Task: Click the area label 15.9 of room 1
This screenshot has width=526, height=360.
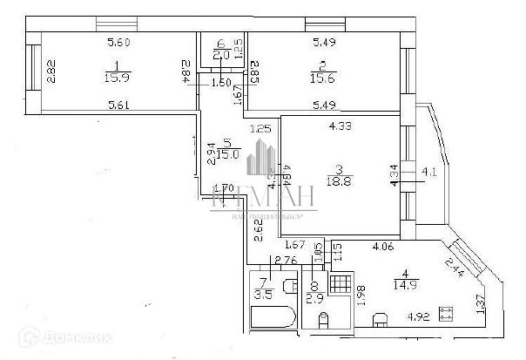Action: pyautogui.click(x=116, y=78)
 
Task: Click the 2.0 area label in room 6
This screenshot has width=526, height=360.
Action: pyautogui.click(x=221, y=55)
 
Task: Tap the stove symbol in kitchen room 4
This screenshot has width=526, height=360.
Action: pyautogui.click(x=447, y=310)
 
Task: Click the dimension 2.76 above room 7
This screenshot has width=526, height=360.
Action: pyautogui.click(x=287, y=260)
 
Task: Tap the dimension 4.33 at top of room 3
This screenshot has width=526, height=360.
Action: pyautogui.click(x=340, y=127)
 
